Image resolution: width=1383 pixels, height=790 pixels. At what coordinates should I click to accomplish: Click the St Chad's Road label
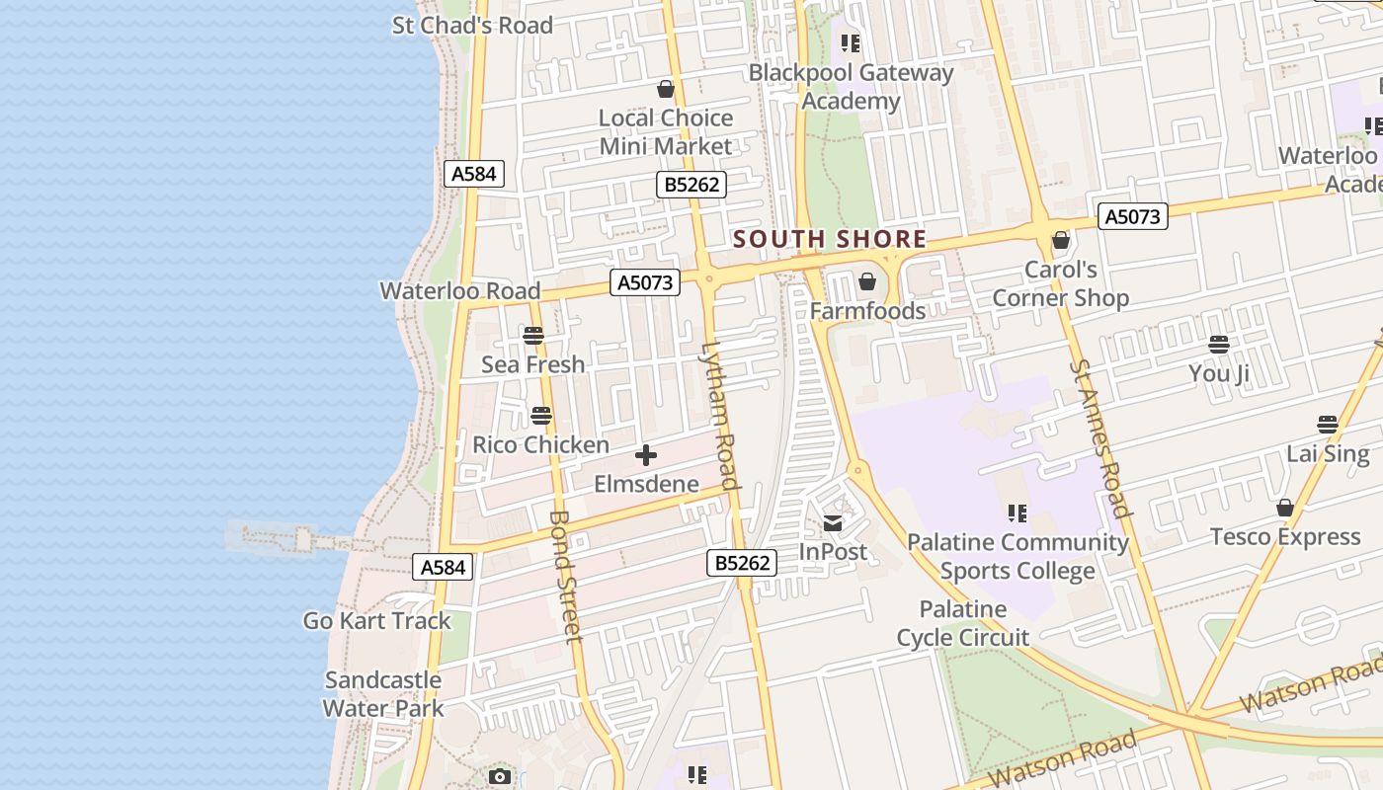[472, 25]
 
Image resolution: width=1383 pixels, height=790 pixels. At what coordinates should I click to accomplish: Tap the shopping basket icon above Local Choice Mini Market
[666, 89]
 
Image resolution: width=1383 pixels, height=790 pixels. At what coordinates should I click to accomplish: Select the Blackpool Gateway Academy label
[851, 86]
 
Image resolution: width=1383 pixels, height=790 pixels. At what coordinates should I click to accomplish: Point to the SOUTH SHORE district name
[830, 239]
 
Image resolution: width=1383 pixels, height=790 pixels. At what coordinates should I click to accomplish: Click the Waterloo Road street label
[460, 291]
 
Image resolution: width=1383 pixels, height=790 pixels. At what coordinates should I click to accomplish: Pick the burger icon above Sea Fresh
[533, 336]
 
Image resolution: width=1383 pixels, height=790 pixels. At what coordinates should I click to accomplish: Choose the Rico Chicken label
[540, 444]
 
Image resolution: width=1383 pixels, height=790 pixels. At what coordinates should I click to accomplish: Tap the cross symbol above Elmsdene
[646, 455]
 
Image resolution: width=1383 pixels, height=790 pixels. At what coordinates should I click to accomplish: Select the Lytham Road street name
[720, 415]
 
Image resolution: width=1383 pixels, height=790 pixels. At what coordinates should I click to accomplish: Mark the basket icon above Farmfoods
[867, 282]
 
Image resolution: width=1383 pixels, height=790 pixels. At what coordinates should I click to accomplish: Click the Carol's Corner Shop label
[1060, 283]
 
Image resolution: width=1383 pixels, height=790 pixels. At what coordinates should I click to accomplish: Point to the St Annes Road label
[1098, 438]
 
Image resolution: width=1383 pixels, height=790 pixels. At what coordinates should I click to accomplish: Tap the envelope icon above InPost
[833, 523]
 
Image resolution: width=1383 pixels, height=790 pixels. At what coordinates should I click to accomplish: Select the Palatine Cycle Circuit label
[963, 623]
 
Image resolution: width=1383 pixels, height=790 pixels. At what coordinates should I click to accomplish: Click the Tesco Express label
[1285, 537]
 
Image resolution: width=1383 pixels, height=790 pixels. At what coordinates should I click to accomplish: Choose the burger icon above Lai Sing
[1328, 425]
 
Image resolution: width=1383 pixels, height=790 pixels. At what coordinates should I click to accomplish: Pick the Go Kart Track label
[376, 621]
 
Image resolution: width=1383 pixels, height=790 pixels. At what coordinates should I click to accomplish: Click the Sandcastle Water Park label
[383, 694]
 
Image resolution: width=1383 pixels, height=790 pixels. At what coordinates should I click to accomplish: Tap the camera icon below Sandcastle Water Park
[500, 777]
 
